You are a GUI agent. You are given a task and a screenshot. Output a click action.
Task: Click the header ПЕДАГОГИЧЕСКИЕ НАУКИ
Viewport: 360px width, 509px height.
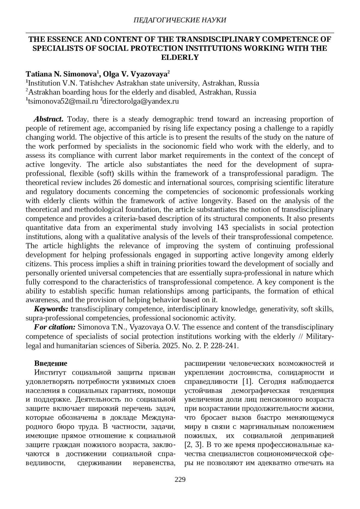179,20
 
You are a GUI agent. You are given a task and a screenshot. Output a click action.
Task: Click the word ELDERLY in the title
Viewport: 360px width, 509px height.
180,57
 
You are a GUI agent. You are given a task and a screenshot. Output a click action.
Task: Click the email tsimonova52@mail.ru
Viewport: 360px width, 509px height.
63,101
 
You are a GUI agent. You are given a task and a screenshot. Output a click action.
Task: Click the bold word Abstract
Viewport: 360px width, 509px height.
48,119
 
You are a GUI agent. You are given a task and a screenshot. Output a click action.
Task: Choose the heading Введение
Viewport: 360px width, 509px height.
51,363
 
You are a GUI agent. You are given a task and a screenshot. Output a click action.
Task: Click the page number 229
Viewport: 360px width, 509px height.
180,479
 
